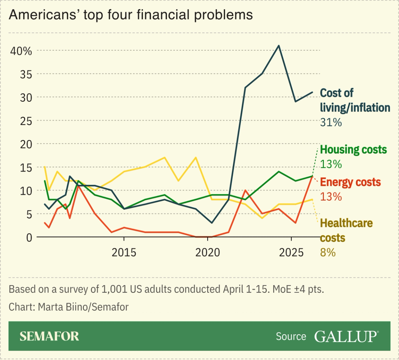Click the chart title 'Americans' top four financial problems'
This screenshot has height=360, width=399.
click(131, 15)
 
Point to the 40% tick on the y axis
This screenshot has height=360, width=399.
click(21, 51)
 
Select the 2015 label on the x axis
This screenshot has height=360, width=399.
click(124, 252)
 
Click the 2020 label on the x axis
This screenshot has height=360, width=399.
click(207, 252)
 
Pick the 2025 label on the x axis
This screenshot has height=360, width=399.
click(291, 252)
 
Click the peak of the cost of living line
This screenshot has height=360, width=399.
click(279, 45)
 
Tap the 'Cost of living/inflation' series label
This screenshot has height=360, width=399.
click(355, 100)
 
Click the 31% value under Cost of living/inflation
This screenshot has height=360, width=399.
click(331, 122)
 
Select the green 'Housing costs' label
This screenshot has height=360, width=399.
click(353, 150)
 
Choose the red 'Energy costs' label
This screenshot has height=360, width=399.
click(350, 182)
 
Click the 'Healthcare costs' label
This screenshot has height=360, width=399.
click(346, 230)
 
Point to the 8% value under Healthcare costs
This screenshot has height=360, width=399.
click(328, 252)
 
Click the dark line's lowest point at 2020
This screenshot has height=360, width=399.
click(212, 223)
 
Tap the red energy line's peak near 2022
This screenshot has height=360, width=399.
click(245, 190)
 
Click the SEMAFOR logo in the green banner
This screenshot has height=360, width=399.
click(49, 336)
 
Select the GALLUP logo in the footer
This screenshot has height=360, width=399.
click(346, 336)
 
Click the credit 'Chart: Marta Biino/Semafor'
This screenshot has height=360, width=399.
click(69, 307)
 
